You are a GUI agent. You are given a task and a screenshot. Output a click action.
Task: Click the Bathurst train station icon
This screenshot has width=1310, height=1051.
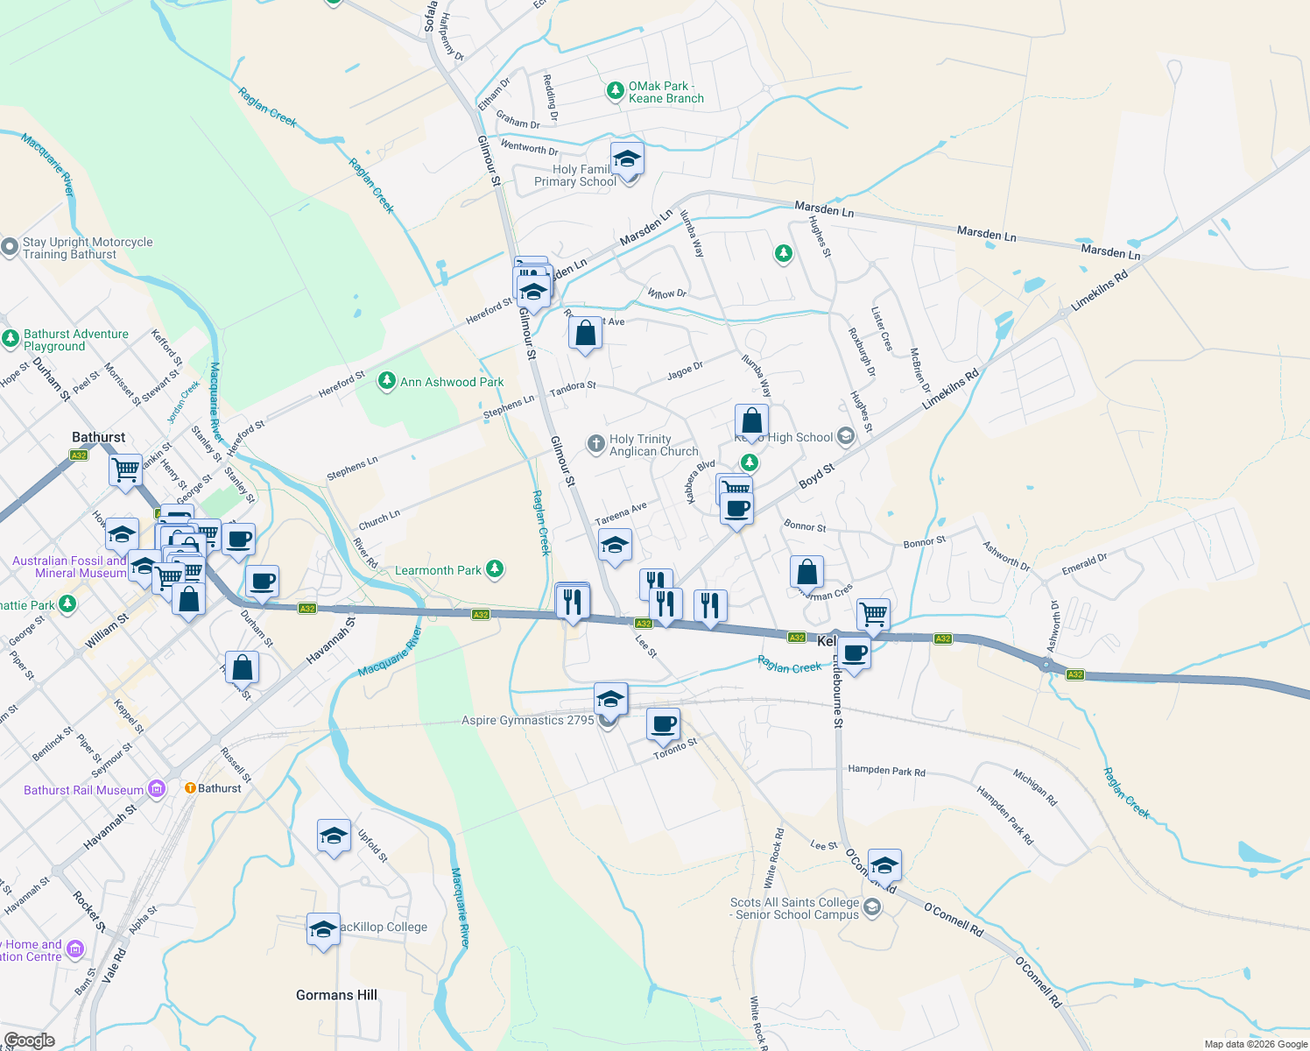click(190, 788)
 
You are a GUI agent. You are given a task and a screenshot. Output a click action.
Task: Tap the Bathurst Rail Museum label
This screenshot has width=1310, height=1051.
click(83, 790)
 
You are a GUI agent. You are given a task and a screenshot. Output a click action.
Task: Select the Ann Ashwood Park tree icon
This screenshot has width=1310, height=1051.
click(386, 381)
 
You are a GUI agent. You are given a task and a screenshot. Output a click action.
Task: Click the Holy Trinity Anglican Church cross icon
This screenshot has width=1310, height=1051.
click(596, 444)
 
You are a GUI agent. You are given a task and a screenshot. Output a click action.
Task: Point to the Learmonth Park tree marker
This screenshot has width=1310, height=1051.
click(495, 570)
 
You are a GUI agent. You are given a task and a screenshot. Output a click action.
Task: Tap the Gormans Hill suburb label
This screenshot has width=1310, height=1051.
click(336, 995)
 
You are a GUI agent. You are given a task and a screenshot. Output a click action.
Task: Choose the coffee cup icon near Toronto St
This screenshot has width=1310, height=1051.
click(664, 724)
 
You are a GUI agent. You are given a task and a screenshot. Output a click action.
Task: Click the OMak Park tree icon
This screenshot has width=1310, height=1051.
click(616, 91)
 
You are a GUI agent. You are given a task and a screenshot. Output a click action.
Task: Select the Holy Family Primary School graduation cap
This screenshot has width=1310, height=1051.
click(627, 159)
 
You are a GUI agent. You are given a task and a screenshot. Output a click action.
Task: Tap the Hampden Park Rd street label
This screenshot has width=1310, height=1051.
click(886, 771)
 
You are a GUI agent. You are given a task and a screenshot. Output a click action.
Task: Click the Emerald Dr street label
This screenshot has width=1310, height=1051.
click(1084, 563)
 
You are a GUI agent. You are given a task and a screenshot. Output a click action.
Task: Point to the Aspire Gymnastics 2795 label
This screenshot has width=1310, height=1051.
click(527, 721)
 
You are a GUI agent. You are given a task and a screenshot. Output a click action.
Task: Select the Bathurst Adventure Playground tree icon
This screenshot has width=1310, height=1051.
click(11, 339)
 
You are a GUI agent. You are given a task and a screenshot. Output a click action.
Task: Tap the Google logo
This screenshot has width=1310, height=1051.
click(29, 1040)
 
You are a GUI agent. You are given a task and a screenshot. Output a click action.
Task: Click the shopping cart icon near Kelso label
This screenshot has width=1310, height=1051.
click(873, 614)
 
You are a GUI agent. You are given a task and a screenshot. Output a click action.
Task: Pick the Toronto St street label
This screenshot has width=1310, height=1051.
click(675, 749)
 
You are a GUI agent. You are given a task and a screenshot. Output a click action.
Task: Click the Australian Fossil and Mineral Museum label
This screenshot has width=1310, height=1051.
click(69, 567)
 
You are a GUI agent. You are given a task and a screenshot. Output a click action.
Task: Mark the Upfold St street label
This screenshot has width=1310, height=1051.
click(372, 846)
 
